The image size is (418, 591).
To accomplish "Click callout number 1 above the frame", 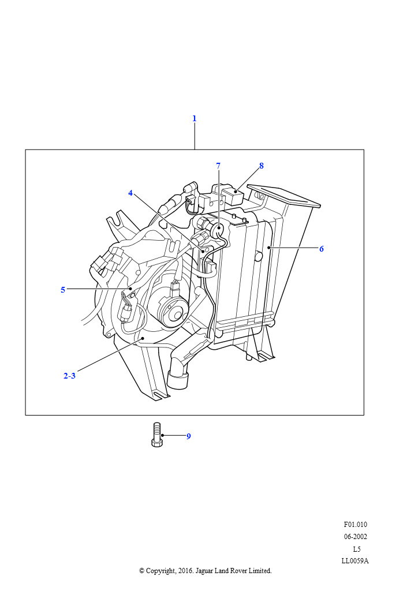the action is [195, 118].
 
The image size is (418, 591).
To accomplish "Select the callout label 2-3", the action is [69, 376].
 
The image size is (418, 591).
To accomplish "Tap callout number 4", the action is [130, 193].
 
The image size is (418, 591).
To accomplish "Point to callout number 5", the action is [63, 290].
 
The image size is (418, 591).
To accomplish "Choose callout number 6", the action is [322, 249].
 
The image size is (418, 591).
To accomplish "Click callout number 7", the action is [218, 166].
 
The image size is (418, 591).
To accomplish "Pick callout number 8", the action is [262, 166].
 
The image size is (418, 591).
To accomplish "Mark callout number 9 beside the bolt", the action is [189, 436].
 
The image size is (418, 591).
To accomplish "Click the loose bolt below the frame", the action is [157, 435].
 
